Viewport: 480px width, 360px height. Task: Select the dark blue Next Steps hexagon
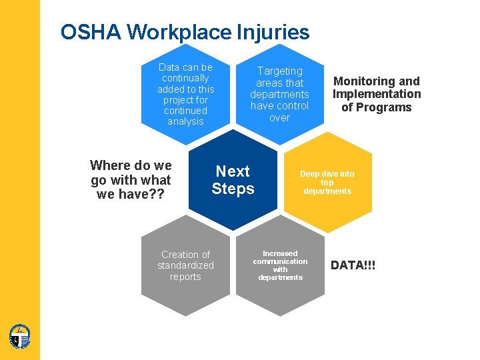tap(233, 180)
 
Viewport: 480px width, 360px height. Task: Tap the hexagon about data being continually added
tap(185, 93)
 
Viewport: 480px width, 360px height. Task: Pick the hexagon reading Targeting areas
tap(279, 93)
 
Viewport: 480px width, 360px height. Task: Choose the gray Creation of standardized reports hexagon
tap(185, 265)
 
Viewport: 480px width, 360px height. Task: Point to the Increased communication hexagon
tap(280, 265)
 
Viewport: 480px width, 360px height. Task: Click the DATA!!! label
tap(353, 265)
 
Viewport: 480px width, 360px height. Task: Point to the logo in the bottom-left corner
tap(20, 336)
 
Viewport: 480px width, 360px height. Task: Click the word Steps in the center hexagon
tap(233, 189)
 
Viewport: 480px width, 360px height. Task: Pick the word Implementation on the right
tap(377, 94)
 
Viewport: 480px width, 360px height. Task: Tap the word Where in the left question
tap(109, 165)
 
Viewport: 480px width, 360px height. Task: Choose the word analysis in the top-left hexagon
tap(185, 121)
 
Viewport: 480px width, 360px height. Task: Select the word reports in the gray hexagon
tap(185, 277)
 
